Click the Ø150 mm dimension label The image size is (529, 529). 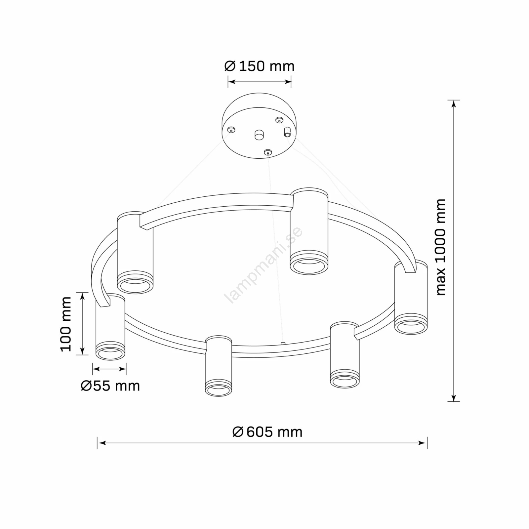259,66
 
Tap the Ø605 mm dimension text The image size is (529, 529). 267,432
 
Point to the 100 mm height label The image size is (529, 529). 66,324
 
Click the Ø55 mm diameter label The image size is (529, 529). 110,386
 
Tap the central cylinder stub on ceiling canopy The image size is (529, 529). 259,135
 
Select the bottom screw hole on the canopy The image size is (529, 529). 267,152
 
